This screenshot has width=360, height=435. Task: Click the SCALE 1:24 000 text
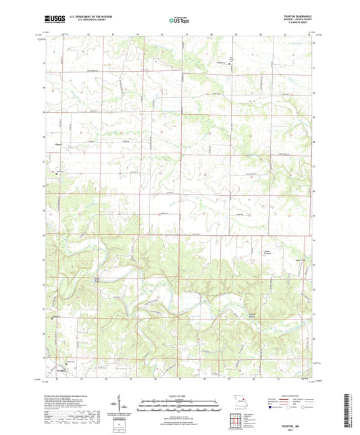(180, 396)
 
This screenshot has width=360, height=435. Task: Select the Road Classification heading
(291, 396)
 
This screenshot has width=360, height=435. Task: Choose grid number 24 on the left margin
(44, 236)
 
